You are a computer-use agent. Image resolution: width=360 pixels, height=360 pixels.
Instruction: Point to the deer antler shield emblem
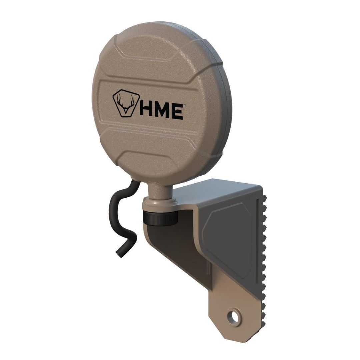tap(124, 104)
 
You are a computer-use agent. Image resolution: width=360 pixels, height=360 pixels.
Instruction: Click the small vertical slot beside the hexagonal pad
tap(207, 267)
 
